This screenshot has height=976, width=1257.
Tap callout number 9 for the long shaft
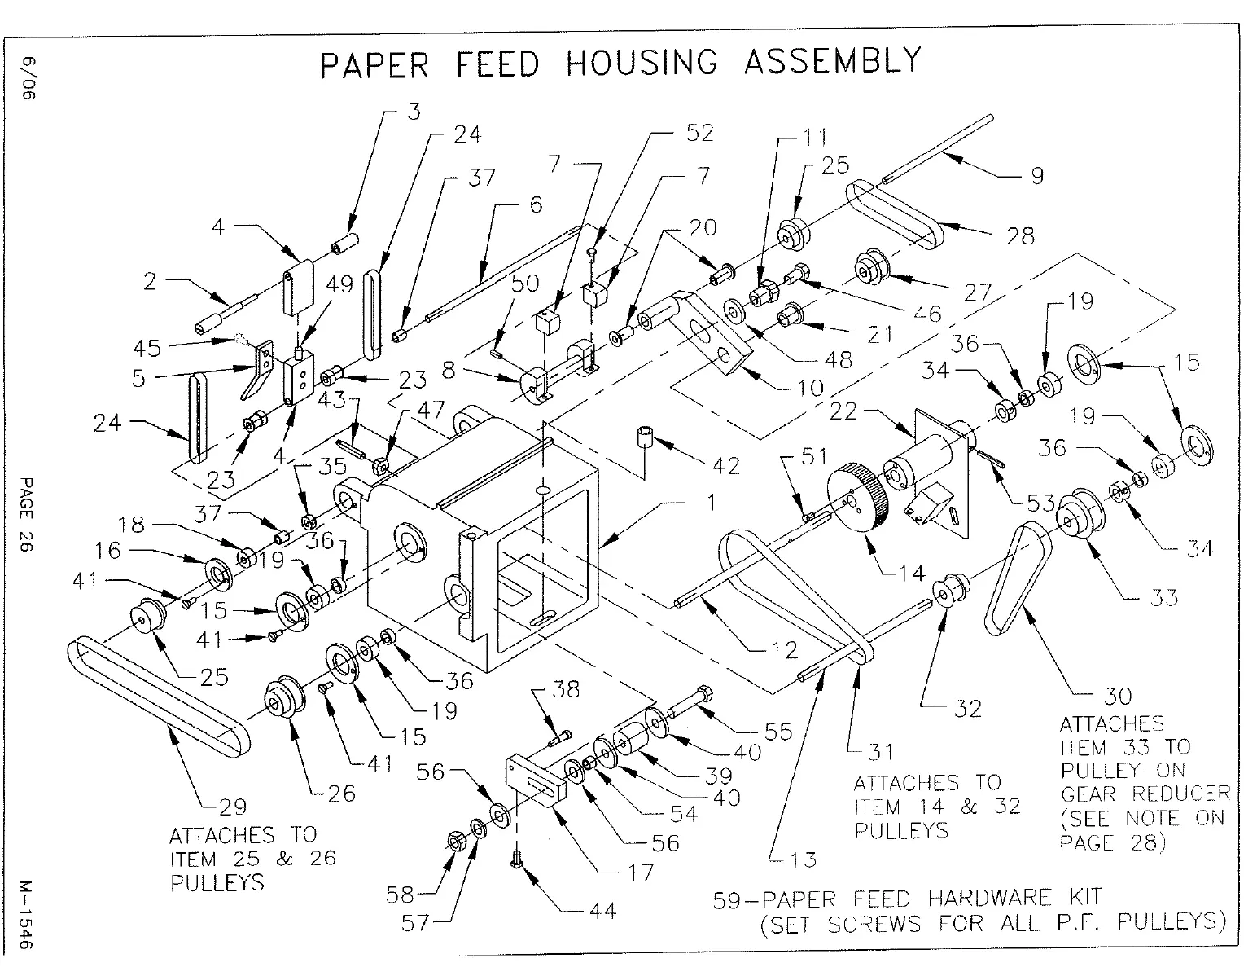click(x=1036, y=175)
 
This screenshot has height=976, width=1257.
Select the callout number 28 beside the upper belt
click(x=1019, y=235)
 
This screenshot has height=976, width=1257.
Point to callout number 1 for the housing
click(x=710, y=503)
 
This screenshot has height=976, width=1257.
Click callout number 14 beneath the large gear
click(x=912, y=573)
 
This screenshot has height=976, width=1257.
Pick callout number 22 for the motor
click(x=843, y=411)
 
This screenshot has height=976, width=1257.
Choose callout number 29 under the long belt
click(x=232, y=807)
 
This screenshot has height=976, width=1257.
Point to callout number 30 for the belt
click(x=1117, y=696)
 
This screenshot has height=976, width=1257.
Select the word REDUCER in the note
click(x=1180, y=794)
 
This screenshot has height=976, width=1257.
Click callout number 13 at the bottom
click(x=803, y=859)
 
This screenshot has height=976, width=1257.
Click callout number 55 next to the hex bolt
click(x=778, y=731)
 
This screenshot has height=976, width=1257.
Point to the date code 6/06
click(x=29, y=78)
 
